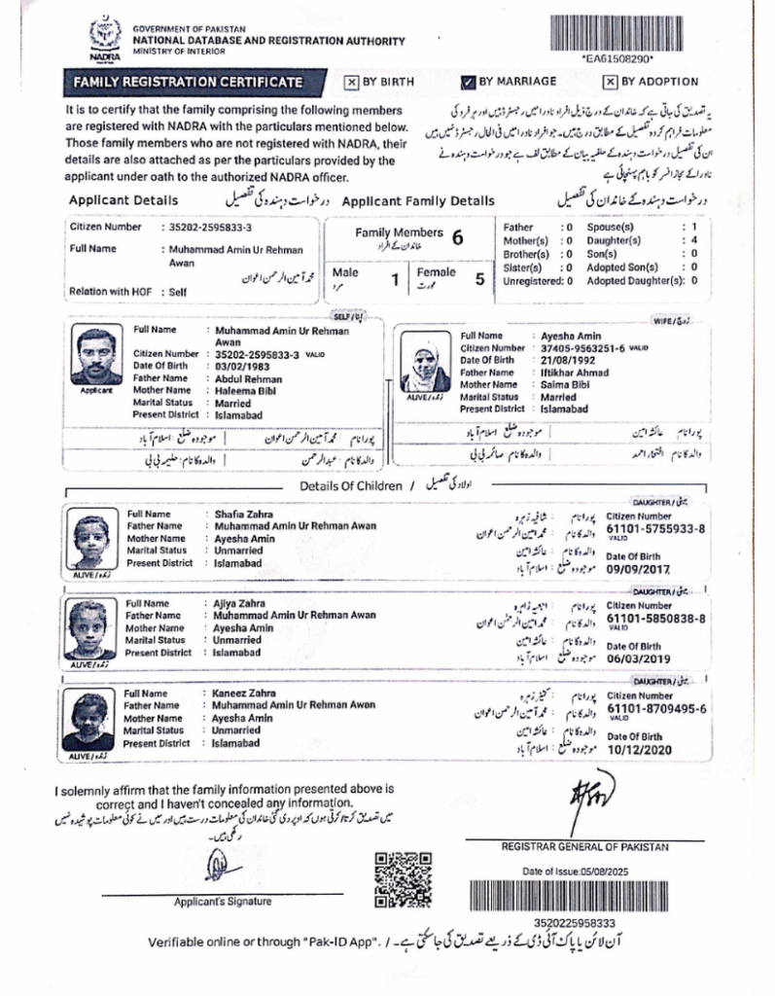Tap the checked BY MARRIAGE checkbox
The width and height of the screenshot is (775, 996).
point(468,82)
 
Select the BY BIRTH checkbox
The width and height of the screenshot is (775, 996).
point(351,82)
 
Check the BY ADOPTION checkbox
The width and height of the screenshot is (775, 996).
point(610,82)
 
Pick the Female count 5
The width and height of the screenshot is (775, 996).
point(478,280)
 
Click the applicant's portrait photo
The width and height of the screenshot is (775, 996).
point(96,356)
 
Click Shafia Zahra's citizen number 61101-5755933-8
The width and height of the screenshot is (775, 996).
point(654,529)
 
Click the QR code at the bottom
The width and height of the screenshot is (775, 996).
point(403,878)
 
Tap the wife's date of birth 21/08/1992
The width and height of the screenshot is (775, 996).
point(566,359)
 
